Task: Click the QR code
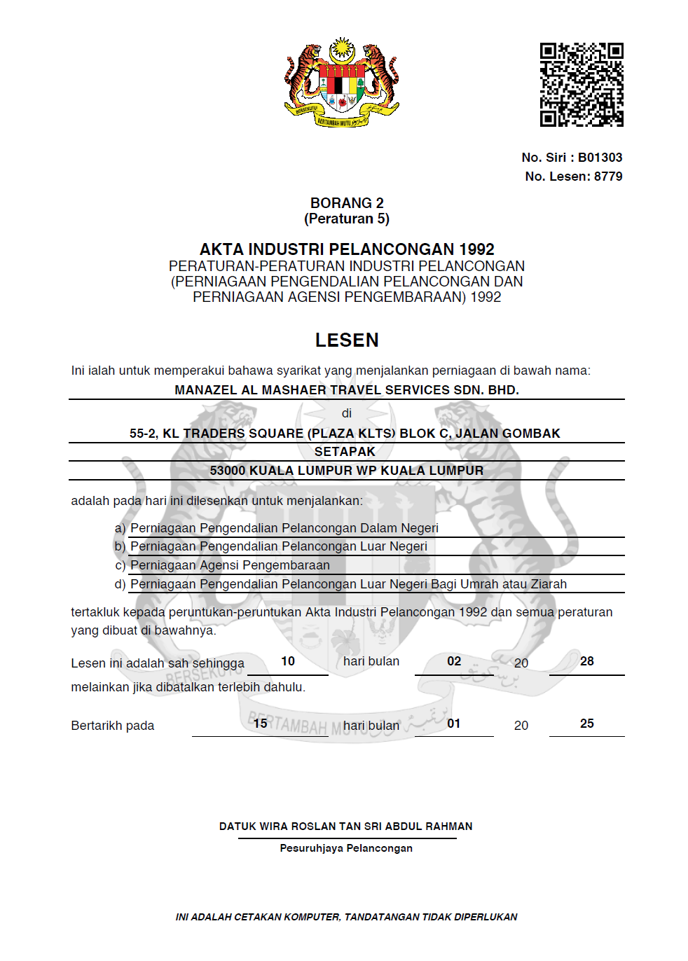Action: tap(582, 85)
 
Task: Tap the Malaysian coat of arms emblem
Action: tap(342, 83)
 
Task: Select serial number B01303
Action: tap(600, 158)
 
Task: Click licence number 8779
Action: tap(608, 177)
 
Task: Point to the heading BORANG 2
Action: tap(347, 203)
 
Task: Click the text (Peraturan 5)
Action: tap(347, 219)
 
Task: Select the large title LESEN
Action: tap(347, 340)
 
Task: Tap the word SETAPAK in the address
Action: tap(345, 452)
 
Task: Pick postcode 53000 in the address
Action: tap(228, 471)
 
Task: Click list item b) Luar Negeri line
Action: tap(279, 546)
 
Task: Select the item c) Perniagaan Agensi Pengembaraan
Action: tap(230, 565)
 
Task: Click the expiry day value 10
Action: tap(288, 661)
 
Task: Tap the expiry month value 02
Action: tap(454, 661)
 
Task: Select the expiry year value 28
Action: tap(587, 661)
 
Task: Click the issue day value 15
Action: tap(261, 724)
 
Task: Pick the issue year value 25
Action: tap(587, 724)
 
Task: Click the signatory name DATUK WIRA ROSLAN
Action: tap(345, 827)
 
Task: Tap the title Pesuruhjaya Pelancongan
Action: tap(346, 848)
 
